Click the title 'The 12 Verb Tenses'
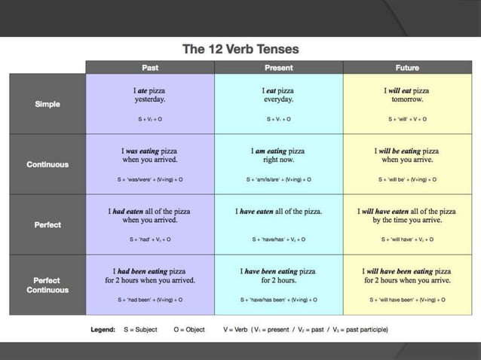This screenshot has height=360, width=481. point(240,50)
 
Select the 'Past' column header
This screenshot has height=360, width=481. point(150,68)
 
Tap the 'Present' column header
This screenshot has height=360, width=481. point(279,68)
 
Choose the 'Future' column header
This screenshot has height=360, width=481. point(407,68)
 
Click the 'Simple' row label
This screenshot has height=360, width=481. point(47,104)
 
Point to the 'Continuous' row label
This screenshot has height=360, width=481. point(47,164)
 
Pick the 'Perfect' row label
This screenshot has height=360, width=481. point(47,224)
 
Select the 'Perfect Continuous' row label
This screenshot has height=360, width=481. point(47,285)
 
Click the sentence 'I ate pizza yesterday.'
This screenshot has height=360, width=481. point(150,95)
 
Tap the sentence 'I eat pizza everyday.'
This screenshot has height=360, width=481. point(279,95)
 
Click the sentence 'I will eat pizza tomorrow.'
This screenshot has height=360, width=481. point(407,95)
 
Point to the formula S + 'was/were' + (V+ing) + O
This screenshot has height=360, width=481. point(150,180)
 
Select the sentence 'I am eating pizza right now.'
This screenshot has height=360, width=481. point(279,155)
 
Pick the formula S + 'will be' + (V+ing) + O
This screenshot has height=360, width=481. point(407,180)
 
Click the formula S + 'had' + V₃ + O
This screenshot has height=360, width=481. point(150,239)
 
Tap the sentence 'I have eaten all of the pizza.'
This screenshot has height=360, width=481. point(279,212)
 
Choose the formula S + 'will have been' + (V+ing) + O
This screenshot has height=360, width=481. point(407,300)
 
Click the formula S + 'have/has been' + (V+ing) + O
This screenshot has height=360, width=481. point(279,300)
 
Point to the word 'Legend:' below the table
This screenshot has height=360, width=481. point(103,330)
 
